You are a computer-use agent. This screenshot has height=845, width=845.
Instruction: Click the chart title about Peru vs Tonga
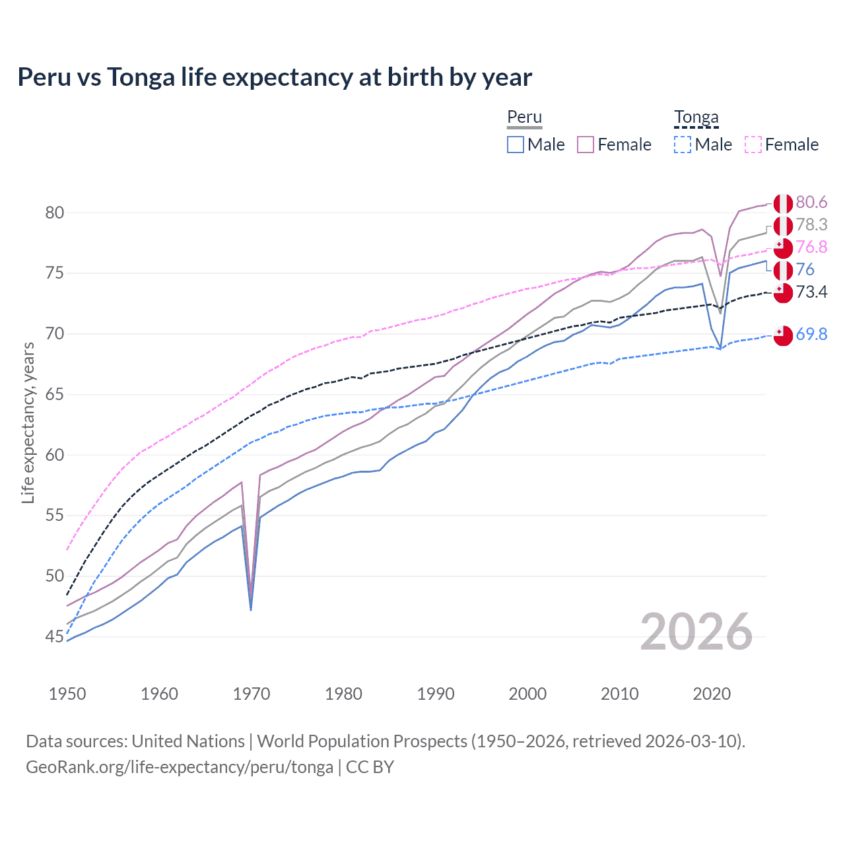click(x=275, y=77)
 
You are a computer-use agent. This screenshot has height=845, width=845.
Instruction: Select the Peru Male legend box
click(x=516, y=145)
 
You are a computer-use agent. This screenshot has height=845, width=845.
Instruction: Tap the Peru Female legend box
click(x=586, y=145)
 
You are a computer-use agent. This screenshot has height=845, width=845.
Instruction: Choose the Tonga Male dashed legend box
click(x=683, y=145)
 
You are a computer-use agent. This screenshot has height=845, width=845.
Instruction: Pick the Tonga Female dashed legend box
click(x=753, y=145)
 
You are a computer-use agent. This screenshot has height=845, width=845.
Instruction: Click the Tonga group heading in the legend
click(x=696, y=118)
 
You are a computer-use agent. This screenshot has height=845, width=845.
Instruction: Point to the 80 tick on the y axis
click(x=55, y=213)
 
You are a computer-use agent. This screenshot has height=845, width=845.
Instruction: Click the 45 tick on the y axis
click(x=55, y=637)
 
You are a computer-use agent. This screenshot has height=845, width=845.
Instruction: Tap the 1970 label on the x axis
click(x=252, y=694)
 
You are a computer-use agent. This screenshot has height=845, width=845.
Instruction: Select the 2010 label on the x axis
click(x=619, y=694)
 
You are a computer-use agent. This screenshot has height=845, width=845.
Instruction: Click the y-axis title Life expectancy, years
click(x=28, y=422)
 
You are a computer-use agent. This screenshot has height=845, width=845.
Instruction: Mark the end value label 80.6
click(x=811, y=202)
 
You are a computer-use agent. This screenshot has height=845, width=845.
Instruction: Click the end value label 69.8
click(x=811, y=335)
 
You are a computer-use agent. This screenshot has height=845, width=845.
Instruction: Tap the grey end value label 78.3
click(x=811, y=224)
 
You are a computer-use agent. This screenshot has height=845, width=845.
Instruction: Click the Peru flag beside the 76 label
click(x=783, y=270)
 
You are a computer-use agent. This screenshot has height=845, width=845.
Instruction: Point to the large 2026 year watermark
click(x=696, y=632)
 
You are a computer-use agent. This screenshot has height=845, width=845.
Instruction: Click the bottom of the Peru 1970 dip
click(x=251, y=609)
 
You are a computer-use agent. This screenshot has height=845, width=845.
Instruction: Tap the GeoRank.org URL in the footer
click(x=180, y=767)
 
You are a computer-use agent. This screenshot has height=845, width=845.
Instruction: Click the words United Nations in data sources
click(x=188, y=741)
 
